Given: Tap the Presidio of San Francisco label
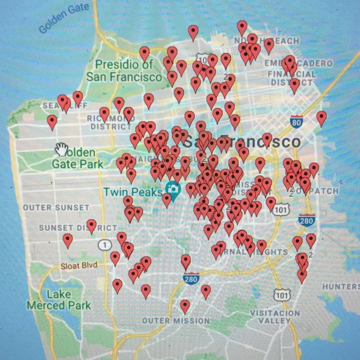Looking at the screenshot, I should click(x=124, y=71).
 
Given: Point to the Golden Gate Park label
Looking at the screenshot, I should click(x=78, y=158).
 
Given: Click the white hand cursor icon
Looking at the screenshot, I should click(x=61, y=149).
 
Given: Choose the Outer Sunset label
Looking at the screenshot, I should click(x=56, y=207).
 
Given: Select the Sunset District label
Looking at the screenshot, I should click(x=78, y=228).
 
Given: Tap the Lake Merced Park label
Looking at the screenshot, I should click(x=59, y=300).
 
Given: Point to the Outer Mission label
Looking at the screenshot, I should click(x=176, y=321).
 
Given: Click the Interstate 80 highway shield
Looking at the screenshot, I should click(x=297, y=122).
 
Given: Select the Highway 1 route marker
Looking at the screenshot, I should click(x=103, y=245).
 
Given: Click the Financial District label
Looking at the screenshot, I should click(x=292, y=78).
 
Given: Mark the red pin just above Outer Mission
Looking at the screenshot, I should click(x=185, y=305).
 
